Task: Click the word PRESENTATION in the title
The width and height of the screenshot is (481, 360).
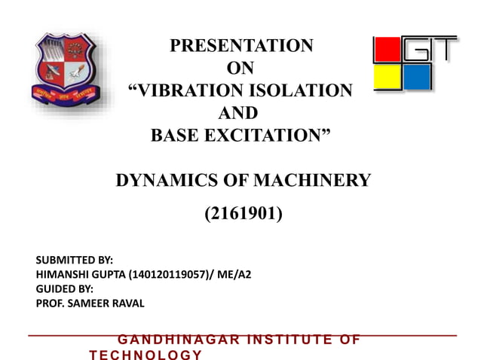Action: (x=240, y=46)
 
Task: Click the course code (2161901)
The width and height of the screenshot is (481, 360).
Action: (x=244, y=216)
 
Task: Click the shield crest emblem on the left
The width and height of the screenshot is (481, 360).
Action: (x=63, y=72)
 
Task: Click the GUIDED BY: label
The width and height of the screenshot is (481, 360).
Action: (x=65, y=289)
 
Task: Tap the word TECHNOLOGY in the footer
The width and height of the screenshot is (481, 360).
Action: (x=146, y=354)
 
